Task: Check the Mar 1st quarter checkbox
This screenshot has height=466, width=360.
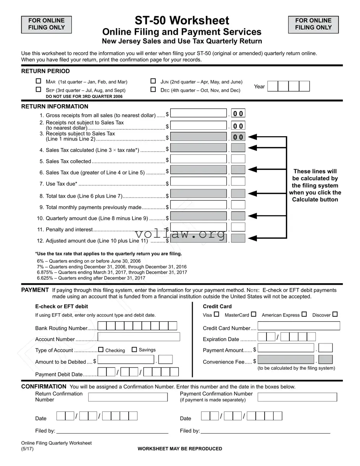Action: point(38,81)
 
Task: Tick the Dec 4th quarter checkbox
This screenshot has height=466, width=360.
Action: point(153,90)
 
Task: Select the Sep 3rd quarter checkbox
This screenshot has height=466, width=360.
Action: point(38,90)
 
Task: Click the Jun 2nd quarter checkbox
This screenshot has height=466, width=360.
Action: point(153,81)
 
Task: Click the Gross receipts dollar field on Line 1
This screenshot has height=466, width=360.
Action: point(199,113)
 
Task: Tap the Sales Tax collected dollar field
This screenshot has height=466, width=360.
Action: point(199,159)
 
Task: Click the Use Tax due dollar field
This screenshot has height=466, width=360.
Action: point(199,181)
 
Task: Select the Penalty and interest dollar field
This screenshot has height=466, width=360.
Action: point(199,227)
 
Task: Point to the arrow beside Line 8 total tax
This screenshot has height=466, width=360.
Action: point(253,193)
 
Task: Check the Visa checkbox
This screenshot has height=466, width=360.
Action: point(216,314)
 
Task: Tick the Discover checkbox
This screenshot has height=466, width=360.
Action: point(335,314)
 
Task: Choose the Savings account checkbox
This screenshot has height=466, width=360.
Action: point(134,350)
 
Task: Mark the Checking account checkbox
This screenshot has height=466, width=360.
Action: point(101,350)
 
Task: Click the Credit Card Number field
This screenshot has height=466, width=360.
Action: point(299,326)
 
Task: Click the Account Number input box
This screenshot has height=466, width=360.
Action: point(139,337)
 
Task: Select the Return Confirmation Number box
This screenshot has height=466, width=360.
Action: point(128,397)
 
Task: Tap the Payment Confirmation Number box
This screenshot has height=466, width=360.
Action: point(297,397)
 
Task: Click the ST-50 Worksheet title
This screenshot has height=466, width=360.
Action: point(182,21)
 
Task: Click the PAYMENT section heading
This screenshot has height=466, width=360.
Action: point(35,290)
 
